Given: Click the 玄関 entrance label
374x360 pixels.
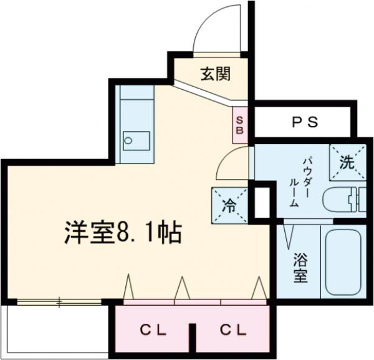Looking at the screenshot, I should (x=215, y=74).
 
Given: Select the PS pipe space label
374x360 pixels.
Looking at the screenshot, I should (x=305, y=122).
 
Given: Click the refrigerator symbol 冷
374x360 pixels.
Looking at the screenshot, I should (x=229, y=205).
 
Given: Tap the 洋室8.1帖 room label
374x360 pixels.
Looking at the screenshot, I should (x=122, y=233).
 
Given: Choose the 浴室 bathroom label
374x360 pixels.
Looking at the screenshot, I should (x=300, y=266).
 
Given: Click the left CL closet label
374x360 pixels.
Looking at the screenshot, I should (x=153, y=329).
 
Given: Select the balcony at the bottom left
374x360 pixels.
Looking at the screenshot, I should (x=53, y=331).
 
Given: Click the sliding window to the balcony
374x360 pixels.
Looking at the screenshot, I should (x=59, y=303).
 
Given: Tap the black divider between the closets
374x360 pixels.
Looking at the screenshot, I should (x=193, y=338).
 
